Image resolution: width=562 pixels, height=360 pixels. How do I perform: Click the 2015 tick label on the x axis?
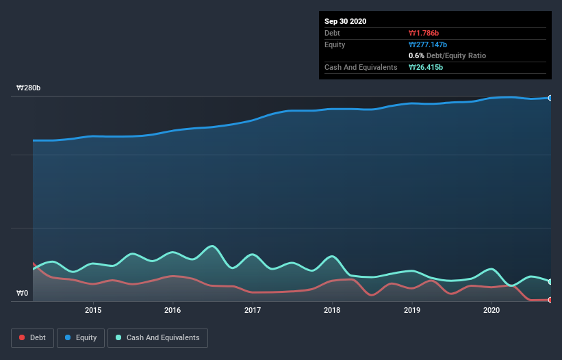click(x=93, y=310)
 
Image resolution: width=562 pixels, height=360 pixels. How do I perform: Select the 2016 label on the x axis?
click(x=173, y=310)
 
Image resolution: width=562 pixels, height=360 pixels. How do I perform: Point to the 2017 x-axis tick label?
click(x=253, y=310)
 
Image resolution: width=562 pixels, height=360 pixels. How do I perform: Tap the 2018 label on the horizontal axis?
click(x=332, y=310)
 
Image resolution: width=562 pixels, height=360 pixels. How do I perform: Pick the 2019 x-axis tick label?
click(x=412, y=310)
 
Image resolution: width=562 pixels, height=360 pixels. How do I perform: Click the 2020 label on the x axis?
click(x=491, y=310)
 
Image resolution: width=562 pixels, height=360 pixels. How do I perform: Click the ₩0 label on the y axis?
click(x=23, y=294)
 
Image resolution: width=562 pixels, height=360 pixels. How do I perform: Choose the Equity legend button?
click(x=81, y=337)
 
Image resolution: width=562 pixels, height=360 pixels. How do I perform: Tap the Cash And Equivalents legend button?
click(x=157, y=337)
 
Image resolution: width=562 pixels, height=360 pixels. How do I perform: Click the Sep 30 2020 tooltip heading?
click(x=345, y=21)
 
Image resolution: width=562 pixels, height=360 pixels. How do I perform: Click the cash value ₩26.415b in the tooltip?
click(x=428, y=67)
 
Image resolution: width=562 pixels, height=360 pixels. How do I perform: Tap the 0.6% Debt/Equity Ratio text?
click(x=447, y=55)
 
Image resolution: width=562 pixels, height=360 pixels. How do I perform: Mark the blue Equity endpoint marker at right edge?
click(x=550, y=98)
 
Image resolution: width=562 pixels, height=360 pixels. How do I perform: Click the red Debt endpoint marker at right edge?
click(x=550, y=300)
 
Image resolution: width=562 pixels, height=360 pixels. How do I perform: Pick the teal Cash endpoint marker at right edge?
click(x=550, y=281)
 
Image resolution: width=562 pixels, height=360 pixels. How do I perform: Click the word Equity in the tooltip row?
click(x=335, y=44)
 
